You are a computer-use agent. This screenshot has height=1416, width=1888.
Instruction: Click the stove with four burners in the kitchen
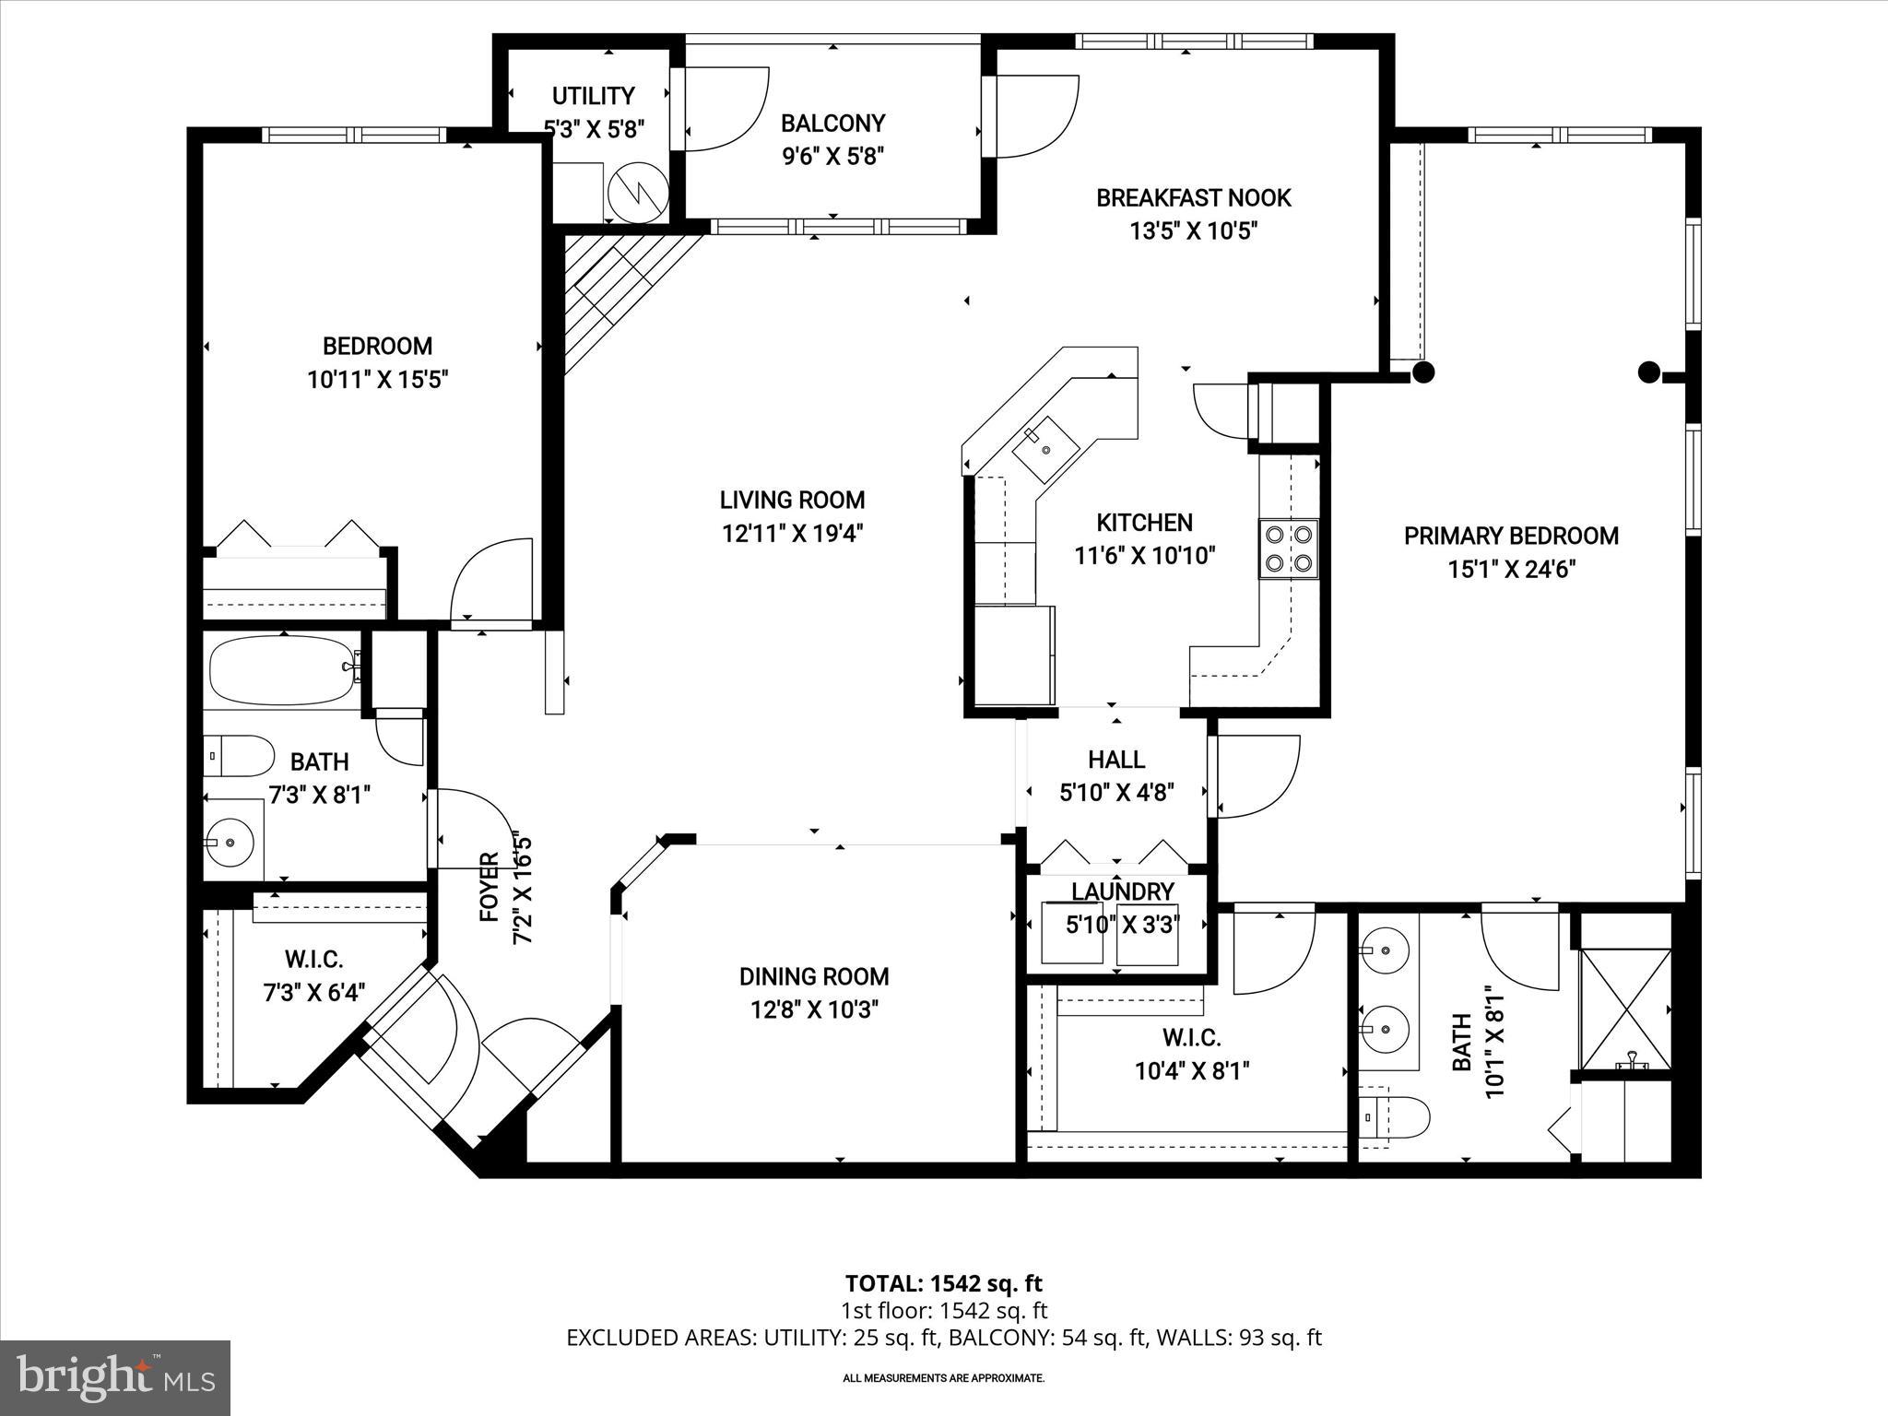1289,549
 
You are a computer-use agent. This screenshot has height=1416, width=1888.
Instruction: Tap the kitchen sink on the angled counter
1046,450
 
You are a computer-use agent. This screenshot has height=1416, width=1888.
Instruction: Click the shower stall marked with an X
1625,1010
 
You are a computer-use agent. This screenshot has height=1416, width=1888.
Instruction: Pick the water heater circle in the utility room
638,191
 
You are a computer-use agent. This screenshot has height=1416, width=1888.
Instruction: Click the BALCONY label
832,124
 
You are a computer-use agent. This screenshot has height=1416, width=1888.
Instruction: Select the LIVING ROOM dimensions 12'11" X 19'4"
792,533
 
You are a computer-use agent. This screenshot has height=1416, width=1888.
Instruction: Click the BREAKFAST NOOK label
1193,197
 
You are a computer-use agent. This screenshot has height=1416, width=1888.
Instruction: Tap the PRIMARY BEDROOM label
1511,536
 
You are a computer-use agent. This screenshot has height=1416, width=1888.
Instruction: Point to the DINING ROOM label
814,976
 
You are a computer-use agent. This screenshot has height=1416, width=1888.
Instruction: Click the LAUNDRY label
1122,891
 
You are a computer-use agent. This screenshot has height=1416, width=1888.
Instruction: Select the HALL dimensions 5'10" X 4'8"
1116,793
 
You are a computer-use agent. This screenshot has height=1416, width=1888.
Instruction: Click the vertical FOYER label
489,887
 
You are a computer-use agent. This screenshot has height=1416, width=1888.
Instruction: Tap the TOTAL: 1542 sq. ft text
943,1283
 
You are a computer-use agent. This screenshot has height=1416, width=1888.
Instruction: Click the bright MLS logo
115,1377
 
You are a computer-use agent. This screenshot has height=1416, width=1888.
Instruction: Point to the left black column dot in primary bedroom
1423,372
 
